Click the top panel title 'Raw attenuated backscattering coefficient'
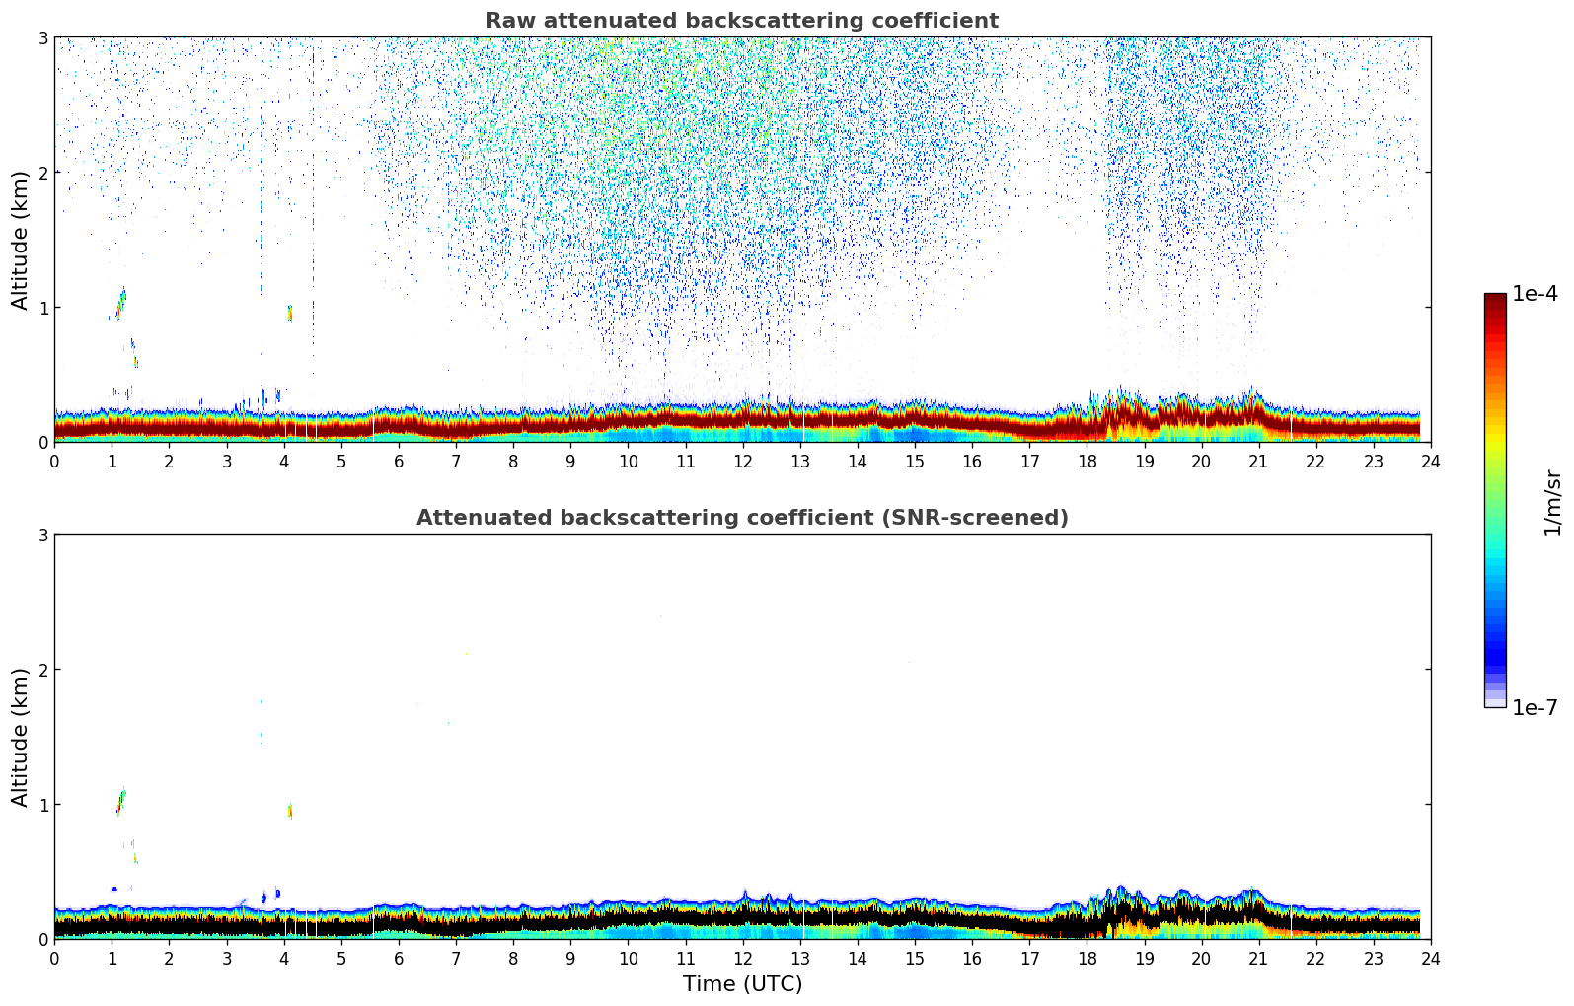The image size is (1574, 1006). pyautogui.click(x=741, y=21)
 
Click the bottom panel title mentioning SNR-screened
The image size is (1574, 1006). pyautogui.click(x=741, y=518)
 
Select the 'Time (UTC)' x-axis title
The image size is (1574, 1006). pyautogui.click(x=742, y=983)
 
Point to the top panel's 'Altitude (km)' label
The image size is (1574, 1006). pyautogui.click(x=21, y=240)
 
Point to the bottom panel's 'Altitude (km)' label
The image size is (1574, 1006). pyautogui.click(x=21, y=737)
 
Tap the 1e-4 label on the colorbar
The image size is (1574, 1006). pyautogui.click(x=1535, y=294)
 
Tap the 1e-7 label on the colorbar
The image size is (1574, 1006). pyautogui.click(x=1535, y=707)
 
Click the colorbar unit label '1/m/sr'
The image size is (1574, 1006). pyautogui.click(x=1552, y=502)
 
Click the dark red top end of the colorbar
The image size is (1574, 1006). pyautogui.click(x=1495, y=298)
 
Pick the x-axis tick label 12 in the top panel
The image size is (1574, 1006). pyautogui.click(x=742, y=461)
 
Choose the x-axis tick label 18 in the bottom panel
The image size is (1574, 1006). pyautogui.click(x=1087, y=958)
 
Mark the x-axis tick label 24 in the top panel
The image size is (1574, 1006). pyautogui.click(x=1431, y=461)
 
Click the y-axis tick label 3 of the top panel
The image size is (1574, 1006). pyautogui.click(x=42, y=37)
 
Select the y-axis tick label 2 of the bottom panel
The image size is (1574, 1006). pyautogui.click(x=42, y=670)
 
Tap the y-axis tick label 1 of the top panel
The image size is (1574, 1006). pyautogui.click(x=42, y=308)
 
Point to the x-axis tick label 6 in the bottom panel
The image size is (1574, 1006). pyautogui.click(x=399, y=958)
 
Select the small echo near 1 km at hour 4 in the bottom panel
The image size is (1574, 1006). pyautogui.click(x=290, y=810)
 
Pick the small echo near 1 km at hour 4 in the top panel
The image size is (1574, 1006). pyautogui.click(x=290, y=313)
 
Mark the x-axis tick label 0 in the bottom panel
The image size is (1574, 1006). pyautogui.click(x=54, y=958)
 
